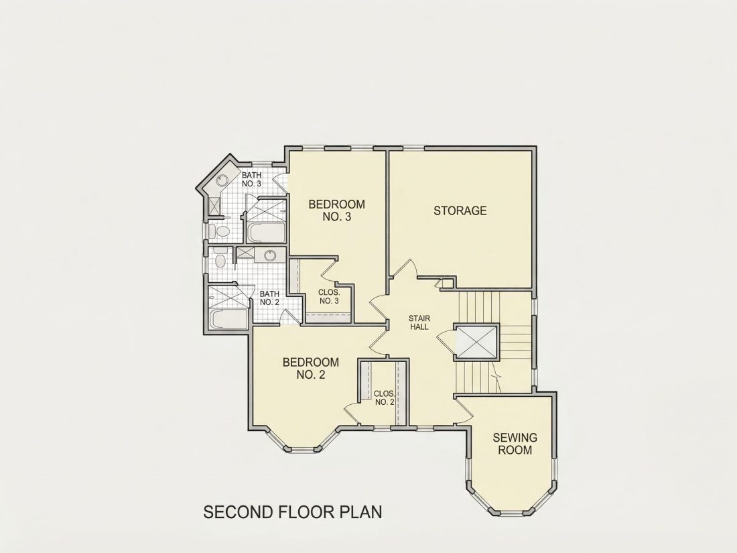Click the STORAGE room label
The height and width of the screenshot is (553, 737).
[460, 210]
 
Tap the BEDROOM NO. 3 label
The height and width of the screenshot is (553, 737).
[336, 210]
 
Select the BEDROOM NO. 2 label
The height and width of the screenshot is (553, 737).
[311, 368]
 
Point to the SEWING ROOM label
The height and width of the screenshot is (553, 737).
[515, 444]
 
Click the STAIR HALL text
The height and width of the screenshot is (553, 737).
[419, 322]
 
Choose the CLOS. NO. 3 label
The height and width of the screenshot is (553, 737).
[329, 297]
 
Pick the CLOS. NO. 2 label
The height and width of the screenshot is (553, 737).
[385, 397]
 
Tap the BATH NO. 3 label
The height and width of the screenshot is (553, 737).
[251, 180]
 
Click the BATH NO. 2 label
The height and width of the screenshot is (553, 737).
[269, 298]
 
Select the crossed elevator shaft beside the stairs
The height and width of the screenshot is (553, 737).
[475, 341]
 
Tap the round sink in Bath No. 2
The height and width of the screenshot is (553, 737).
[269, 256]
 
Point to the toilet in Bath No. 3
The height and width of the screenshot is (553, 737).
[220, 231]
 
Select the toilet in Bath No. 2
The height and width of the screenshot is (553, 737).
[220, 259]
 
